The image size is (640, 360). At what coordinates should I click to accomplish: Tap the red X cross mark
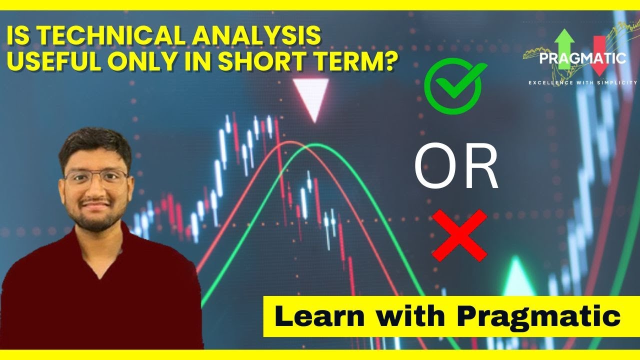tap(459, 235)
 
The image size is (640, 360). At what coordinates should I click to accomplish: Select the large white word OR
tap(456, 168)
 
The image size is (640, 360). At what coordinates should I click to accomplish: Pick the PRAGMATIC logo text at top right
tap(582, 58)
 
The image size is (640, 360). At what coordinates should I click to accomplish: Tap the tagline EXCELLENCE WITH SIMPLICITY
tap(582, 82)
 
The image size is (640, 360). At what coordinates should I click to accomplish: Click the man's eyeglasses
tap(95, 177)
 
